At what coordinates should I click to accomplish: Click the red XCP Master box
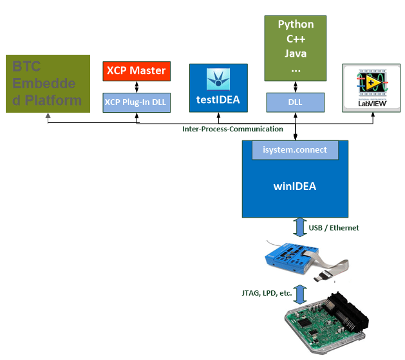tap(136, 71)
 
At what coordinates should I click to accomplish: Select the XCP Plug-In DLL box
tap(136, 102)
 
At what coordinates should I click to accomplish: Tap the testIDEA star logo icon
tap(218, 79)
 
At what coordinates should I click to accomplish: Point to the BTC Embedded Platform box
tap(48, 84)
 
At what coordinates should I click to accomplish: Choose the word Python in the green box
tap(296, 24)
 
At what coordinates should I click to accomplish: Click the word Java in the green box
tap(296, 54)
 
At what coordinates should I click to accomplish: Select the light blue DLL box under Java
tap(296, 102)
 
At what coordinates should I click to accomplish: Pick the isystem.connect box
tap(295, 149)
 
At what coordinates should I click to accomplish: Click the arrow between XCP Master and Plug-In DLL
tap(136, 86)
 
